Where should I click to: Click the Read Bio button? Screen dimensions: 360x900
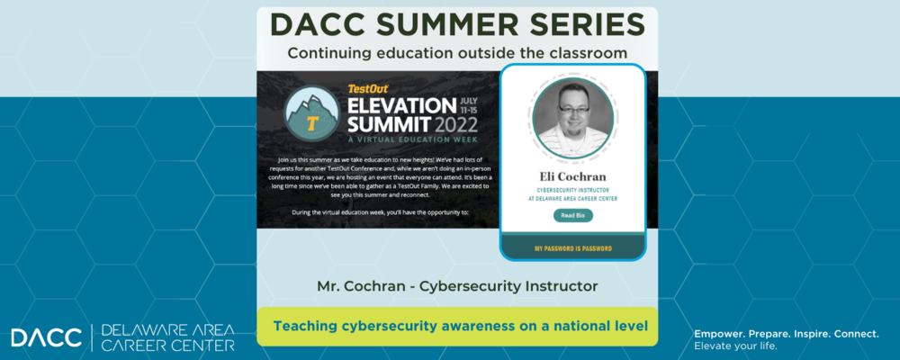[573, 216]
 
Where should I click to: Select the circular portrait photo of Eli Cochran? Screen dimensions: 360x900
[573, 118]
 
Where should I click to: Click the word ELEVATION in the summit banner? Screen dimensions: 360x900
[401, 104]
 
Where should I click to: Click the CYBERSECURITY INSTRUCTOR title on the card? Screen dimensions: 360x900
[573, 191]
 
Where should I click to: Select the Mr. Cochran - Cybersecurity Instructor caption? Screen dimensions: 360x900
[457, 286]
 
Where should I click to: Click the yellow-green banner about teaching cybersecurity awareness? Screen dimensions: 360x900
[457, 326]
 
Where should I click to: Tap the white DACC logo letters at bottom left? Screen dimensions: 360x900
[46, 337]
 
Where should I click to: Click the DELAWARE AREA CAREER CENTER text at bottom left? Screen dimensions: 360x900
[167, 337]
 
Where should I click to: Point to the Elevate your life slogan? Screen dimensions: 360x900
[735, 346]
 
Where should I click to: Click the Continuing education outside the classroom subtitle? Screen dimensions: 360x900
[457, 53]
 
